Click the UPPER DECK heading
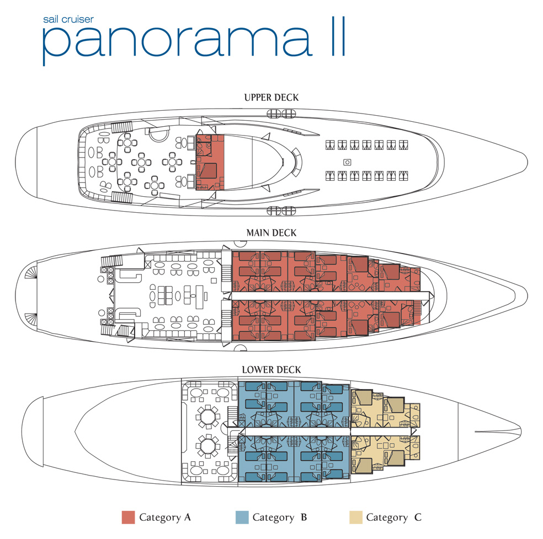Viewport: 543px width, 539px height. pyautogui.click(x=271, y=98)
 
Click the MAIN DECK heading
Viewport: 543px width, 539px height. pyautogui.click(x=271, y=233)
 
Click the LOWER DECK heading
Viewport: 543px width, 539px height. pyautogui.click(x=271, y=370)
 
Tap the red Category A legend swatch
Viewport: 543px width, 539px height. pyautogui.click(x=128, y=517)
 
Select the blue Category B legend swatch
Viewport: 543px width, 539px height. pyautogui.click(x=242, y=517)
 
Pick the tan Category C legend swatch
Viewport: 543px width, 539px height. pyautogui.click(x=355, y=517)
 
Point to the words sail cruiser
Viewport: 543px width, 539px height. pyautogui.click(x=68, y=19)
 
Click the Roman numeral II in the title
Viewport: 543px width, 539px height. pyautogui.click(x=338, y=36)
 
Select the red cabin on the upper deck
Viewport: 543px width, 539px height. pyautogui.click(x=210, y=162)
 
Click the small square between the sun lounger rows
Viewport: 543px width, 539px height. pyautogui.click(x=347, y=162)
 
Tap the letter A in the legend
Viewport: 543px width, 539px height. pyautogui.click(x=188, y=517)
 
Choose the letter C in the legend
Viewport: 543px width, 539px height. pyautogui.click(x=418, y=517)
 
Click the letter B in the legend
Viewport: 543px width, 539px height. pyautogui.click(x=304, y=517)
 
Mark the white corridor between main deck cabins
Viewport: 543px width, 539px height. pyautogui.click(x=331, y=296)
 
